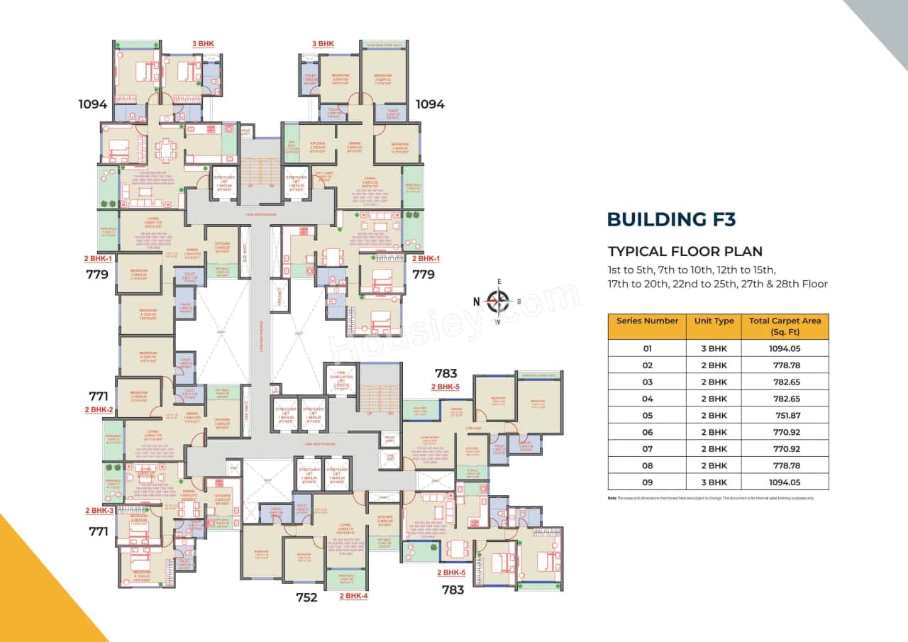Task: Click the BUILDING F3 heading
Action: point(670,219)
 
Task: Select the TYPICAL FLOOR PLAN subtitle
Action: point(685,251)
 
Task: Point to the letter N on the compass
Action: point(476,301)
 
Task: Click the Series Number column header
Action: point(647,321)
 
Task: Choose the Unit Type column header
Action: point(714,321)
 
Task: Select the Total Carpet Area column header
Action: point(785,326)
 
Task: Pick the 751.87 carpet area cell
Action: point(785,416)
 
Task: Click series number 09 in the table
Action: point(647,482)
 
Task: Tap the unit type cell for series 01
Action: point(714,349)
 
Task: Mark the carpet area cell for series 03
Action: point(785,382)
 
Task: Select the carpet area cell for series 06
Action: point(785,432)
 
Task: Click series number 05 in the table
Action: point(647,416)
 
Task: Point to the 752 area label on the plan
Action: point(306,597)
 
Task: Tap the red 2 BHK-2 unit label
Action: point(99,410)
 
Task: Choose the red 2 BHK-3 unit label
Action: point(99,511)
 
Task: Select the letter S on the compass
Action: point(519,301)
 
